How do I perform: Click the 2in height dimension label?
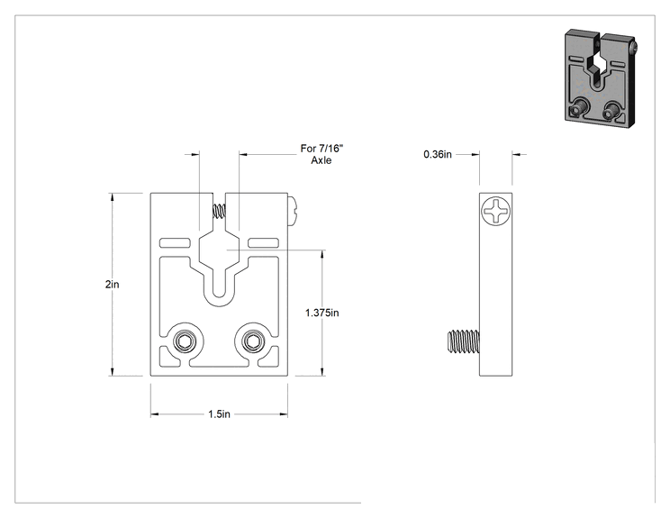113,284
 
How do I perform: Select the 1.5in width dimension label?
219,414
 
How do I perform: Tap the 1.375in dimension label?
321,313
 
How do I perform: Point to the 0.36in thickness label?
438,154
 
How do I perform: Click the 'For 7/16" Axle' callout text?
321,154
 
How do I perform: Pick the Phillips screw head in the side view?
495,211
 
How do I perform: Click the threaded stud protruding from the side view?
464,341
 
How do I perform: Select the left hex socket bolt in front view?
185,342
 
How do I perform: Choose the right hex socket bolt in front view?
253,342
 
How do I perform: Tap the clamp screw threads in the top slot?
219,211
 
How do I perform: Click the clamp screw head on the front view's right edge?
292,211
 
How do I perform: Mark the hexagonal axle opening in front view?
219,250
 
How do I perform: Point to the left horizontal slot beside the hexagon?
175,242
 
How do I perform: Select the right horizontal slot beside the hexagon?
264,242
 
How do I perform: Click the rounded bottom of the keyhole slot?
219,298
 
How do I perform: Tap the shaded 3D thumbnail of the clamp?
601,78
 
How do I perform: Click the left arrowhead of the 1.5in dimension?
155,414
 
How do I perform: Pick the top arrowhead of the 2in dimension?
113,197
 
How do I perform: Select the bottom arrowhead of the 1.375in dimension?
321,371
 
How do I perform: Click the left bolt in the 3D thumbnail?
579,107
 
